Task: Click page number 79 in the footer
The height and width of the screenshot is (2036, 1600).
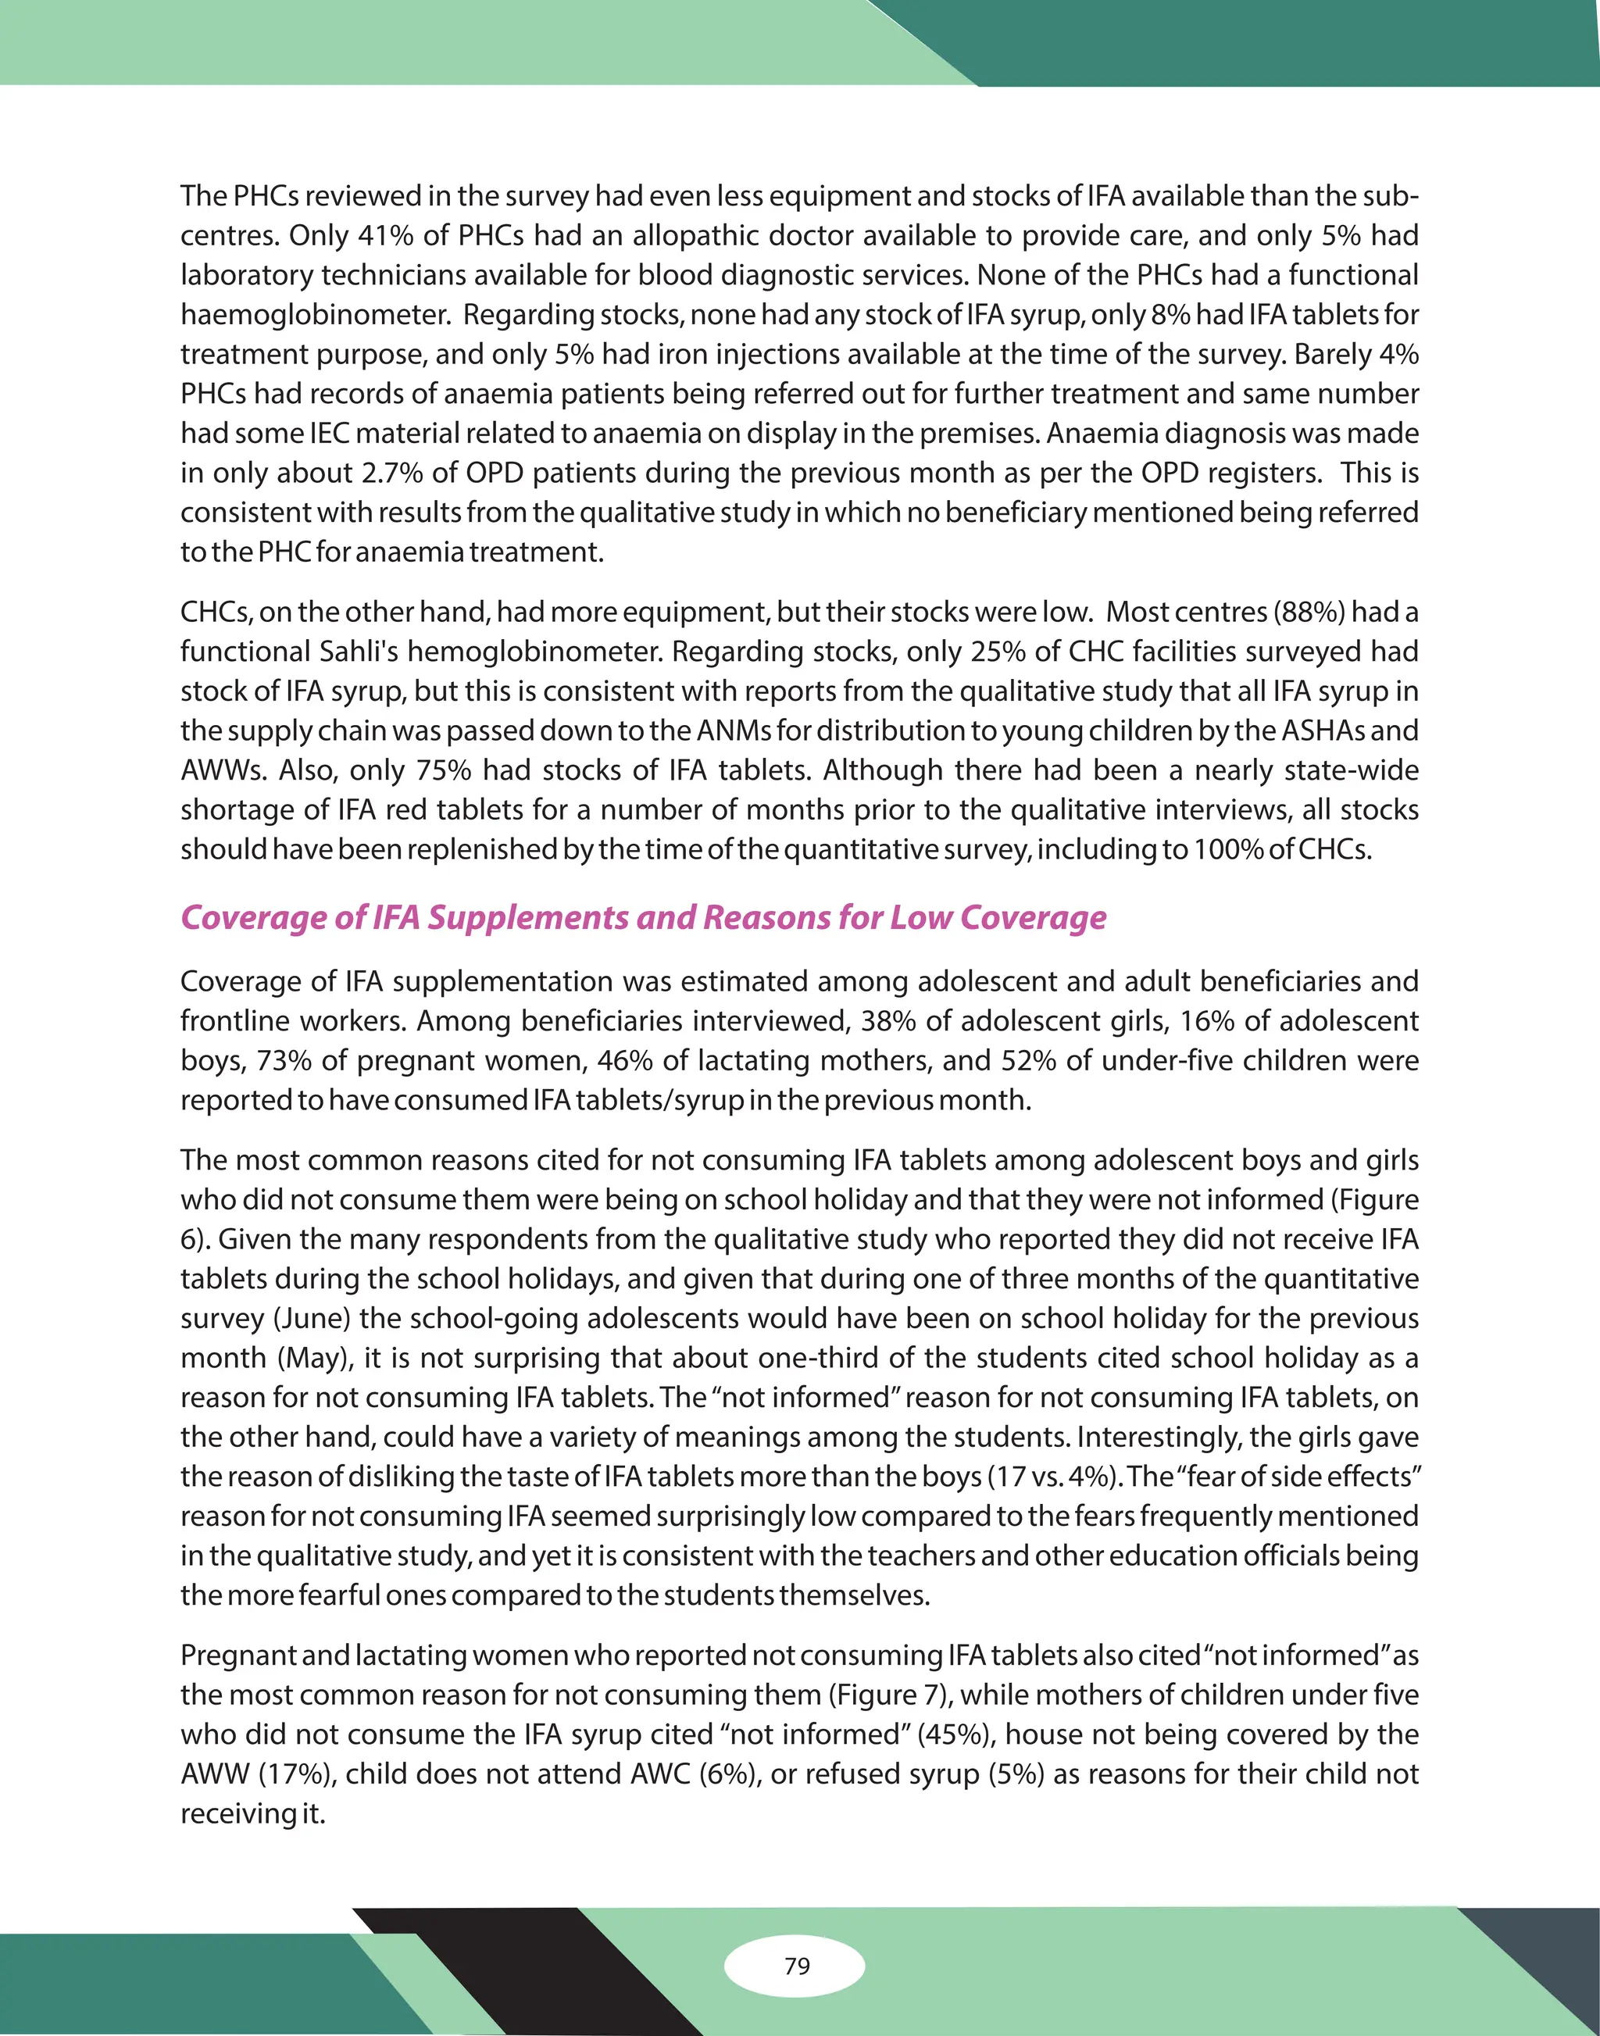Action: [x=796, y=1965]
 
